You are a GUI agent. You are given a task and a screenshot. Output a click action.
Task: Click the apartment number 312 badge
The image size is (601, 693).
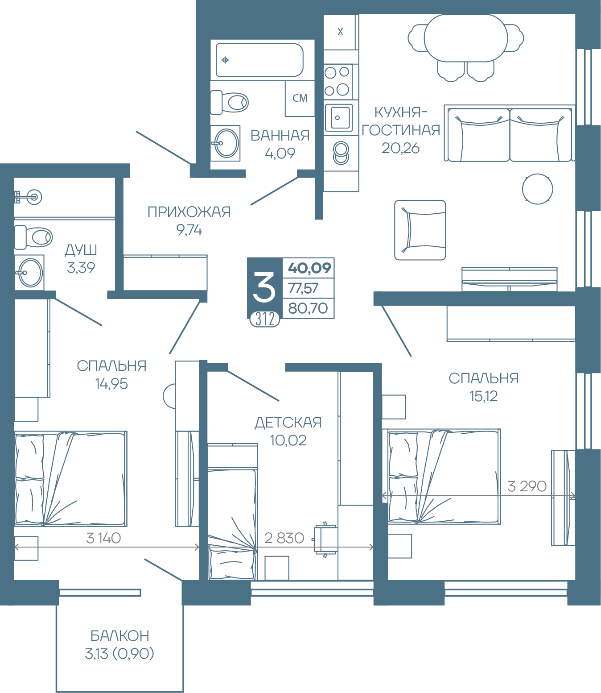coord(265,319)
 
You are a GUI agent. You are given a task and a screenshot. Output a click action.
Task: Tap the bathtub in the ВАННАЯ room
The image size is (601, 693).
coord(259,60)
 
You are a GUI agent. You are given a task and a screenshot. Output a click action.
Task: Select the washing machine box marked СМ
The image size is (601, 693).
coord(300,98)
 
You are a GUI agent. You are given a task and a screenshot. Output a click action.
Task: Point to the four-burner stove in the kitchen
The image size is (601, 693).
coord(337,81)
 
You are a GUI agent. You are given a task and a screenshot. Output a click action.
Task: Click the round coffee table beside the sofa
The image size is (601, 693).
coord(537,189)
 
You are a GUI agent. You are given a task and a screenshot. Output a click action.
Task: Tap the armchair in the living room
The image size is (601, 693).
coord(420,230)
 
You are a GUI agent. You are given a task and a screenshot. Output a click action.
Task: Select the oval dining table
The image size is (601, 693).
coord(465,38)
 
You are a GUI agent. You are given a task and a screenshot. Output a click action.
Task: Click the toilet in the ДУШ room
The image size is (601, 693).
coord(33,237)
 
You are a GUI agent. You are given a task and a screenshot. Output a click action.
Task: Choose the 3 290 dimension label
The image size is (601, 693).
coord(527,486)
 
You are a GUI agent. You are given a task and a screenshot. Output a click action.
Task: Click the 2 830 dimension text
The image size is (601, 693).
coord(284,538)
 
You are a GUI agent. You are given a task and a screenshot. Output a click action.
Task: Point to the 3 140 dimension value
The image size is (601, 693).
coord(103,538)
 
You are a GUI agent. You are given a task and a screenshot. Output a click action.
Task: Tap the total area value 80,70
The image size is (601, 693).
coord(308,308)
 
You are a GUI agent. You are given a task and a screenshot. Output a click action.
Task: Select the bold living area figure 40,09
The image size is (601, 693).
coord(309,268)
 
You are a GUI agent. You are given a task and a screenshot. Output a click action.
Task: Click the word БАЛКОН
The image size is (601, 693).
coord(120,635)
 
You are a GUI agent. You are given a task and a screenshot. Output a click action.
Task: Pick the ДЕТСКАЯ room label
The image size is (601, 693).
coord(288,423)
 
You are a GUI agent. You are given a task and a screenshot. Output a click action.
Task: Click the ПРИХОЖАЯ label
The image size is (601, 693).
coord(189,212)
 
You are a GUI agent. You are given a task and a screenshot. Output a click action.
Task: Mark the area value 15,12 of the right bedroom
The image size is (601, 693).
coord(484,396)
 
